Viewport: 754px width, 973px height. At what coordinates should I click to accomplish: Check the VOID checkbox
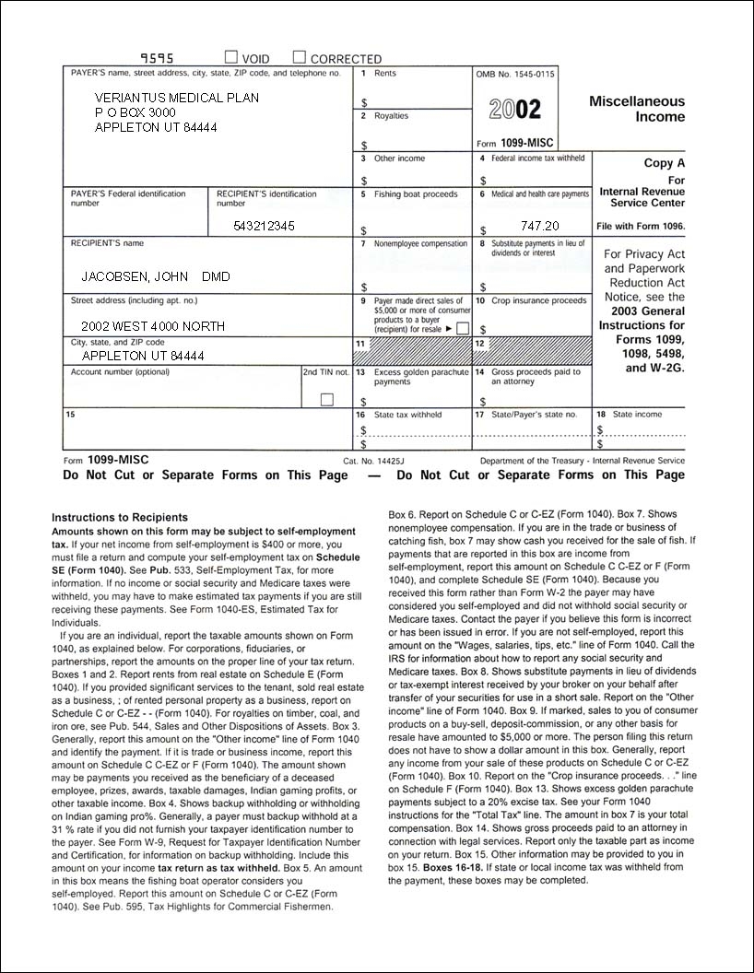(x=232, y=58)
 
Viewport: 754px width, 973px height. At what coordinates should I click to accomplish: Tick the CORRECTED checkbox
(x=300, y=58)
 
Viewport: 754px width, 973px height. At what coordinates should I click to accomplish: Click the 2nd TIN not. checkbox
(x=326, y=400)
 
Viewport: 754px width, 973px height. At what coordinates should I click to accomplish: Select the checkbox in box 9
(x=463, y=328)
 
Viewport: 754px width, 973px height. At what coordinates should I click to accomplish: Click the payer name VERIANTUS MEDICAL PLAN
(x=177, y=98)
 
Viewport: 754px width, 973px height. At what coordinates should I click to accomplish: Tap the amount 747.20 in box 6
(x=539, y=226)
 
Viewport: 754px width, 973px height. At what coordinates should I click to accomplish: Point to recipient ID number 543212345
(x=264, y=226)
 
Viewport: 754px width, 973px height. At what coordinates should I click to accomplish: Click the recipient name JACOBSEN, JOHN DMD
(x=156, y=276)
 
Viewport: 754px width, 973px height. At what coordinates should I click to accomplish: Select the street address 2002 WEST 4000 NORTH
(x=152, y=326)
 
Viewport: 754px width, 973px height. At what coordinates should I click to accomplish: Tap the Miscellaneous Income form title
(x=637, y=109)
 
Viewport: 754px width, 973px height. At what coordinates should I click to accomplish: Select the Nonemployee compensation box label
(x=420, y=244)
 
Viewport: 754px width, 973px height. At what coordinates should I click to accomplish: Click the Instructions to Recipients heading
(x=120, y=518)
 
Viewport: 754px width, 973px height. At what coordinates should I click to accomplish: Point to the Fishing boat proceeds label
(x=416, y=194)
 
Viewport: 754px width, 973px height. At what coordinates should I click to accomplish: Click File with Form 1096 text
(x=641, y=226)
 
